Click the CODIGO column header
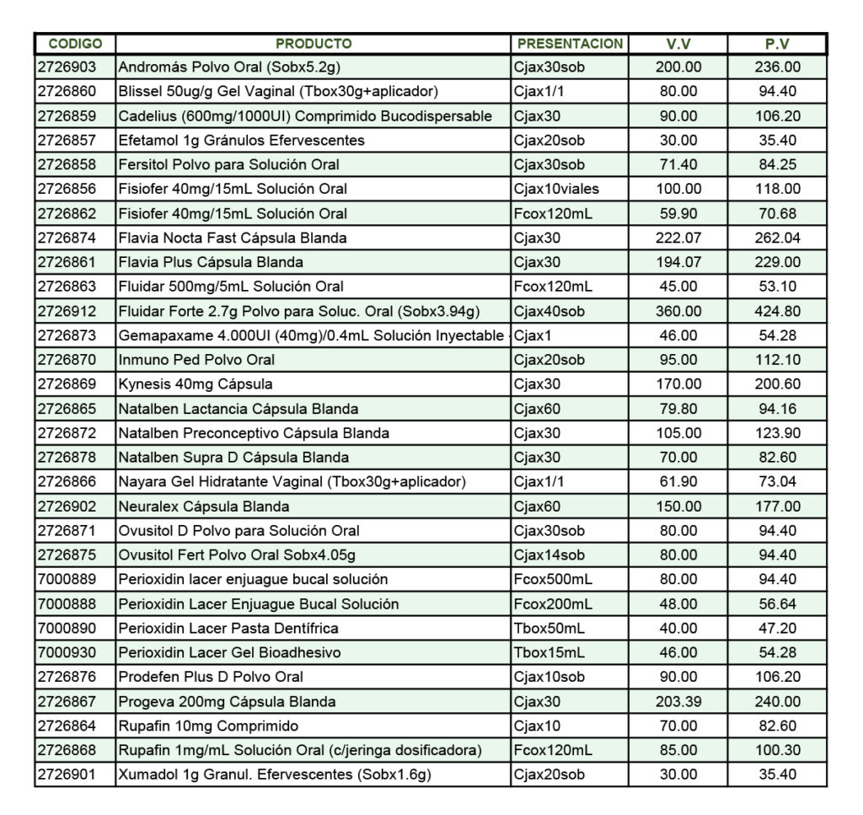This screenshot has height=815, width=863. pos(75,44)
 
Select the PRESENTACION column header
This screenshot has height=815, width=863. pos(570,44)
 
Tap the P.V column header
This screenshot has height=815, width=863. pos(777,44)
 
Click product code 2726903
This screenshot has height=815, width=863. pos(67,67)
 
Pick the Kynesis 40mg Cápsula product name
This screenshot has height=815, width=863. pos(196,384)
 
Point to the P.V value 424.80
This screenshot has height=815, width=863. pos(777,311)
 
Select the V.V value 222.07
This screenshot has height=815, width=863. pos(678,238)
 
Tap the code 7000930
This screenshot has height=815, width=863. pos(67,652)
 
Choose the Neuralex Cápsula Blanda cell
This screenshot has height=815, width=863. pos(204,507)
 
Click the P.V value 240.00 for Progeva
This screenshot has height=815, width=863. pos(777,701)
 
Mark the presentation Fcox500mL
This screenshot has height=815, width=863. pos(553,579)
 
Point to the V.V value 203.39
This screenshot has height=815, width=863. pos(678,701)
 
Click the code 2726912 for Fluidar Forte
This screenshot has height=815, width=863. pos(67,311)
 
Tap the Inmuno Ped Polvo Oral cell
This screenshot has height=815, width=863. pos(196,360)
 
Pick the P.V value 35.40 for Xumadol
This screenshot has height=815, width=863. pos(777,775)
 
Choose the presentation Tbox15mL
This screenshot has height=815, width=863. pos(549,652)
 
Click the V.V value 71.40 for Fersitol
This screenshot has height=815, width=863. pos(678,164)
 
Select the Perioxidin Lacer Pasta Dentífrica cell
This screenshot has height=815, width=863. pos(228,628)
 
